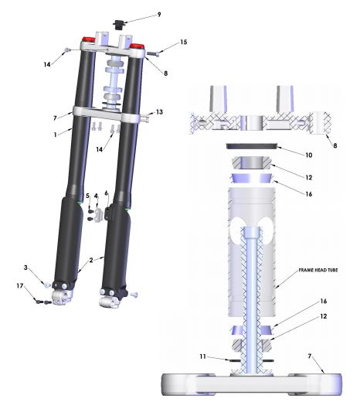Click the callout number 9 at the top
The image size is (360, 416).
click(x=159, y=15)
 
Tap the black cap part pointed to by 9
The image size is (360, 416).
click(x=118, y=24)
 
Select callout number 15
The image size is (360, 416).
click(x=183, y=43)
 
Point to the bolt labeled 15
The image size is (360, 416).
click(x=153, y=54)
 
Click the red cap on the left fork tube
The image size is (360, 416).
click(x=88, y=39)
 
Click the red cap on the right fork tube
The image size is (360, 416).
click(x=137, y=46)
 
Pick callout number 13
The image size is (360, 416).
click(x=159, y=112)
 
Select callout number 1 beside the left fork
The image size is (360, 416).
click(x=55, y=135)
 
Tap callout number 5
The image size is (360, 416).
click(x=87, y=196)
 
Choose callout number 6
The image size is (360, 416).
click(x=107, y=193)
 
